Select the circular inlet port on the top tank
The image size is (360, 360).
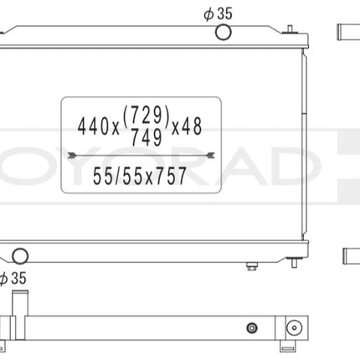[224, 33]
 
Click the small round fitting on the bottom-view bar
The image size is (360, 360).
[250, 326]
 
